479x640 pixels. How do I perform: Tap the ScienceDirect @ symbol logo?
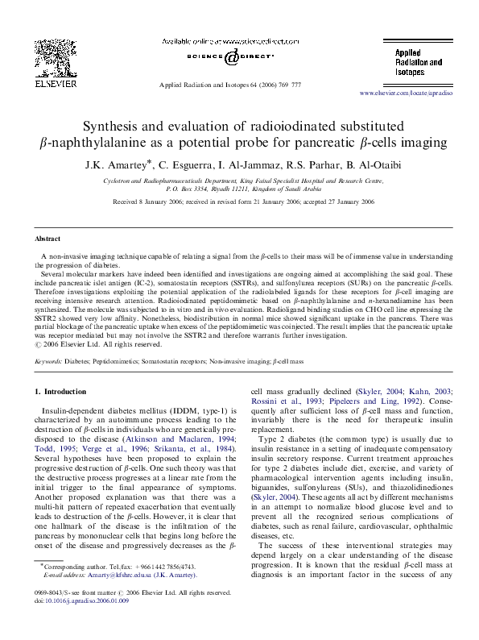click(232, 57)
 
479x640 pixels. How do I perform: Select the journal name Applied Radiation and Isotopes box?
click(419, 62)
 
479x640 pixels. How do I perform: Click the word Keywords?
click(48, 363)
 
